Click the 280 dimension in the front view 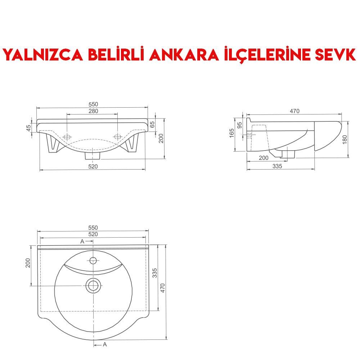tap(93, 111)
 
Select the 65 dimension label tap(152, 124)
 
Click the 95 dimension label tap(240, 126)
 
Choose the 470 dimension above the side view tap(294, 111)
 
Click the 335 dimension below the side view tap(277, 166)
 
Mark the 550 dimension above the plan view tap(93, 228)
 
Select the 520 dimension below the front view tap(93, 166)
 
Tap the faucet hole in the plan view tap(93, 260)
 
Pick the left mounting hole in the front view tap(67, 137)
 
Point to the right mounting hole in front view tap(117, 137)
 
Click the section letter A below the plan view tap(105, 345)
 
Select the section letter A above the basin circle tap(82, 241)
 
